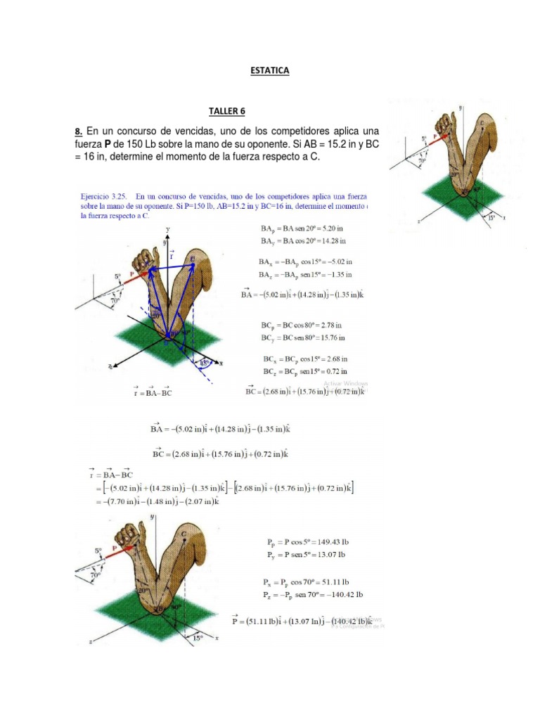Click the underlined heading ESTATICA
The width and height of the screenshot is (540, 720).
pos(269,70)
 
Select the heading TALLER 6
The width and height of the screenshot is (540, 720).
pos(227,110)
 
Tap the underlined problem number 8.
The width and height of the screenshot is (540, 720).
pos(79,131)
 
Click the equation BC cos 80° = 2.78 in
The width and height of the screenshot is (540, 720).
pos(302,326)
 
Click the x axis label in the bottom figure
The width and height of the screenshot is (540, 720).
pos(217,637)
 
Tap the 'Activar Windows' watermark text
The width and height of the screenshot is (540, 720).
pos(345,383)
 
